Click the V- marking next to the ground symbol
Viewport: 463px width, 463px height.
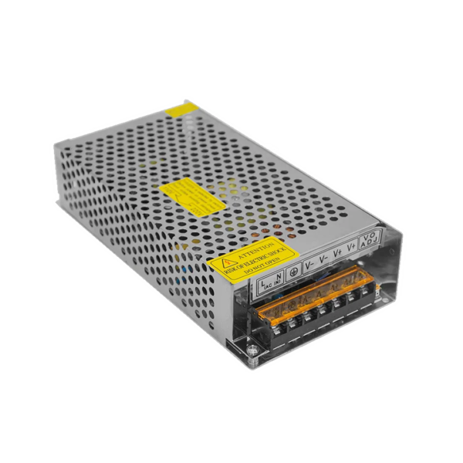click(x=309, y=264)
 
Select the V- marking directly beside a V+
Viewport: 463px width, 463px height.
click(x=323, y=258)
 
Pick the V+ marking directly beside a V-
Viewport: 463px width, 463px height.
click(x=337, y=252)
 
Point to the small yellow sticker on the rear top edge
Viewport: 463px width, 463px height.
click(x=184, y=107)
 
